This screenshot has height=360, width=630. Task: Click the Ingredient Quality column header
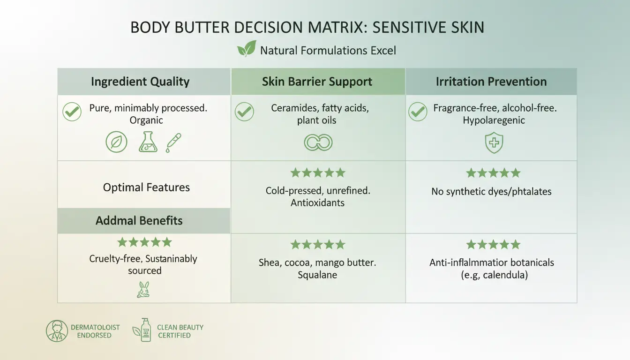140,82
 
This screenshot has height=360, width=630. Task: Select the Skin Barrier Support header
317,82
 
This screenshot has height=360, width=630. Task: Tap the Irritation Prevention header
491,82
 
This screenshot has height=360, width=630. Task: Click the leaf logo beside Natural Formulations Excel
247,49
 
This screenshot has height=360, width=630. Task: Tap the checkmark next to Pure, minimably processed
72,112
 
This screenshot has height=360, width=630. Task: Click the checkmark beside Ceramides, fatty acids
244,112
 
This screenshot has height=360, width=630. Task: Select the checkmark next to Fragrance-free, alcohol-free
418,112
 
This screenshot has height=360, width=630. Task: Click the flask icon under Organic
148,142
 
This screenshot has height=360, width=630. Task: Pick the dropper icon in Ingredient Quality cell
173,142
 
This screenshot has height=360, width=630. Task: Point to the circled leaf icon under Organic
116,142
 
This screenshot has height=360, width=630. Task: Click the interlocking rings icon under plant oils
318,142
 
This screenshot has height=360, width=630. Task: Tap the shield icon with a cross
494,143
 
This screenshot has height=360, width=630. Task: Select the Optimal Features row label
146,187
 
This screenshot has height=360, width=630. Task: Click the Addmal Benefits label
139,220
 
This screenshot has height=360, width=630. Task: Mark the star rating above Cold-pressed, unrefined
317,173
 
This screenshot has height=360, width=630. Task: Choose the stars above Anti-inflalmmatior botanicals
493,244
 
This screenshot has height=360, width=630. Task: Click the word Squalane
317,275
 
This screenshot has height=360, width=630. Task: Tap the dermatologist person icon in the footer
57,331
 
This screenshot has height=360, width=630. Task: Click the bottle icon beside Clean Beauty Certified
144,330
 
